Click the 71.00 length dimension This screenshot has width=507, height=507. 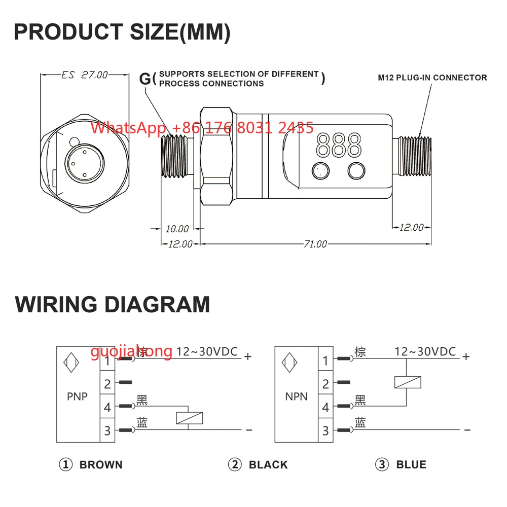point(315,244)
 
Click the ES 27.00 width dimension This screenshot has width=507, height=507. point(85,75)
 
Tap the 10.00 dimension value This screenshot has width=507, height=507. point(177,229)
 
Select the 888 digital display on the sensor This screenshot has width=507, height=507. point(339,144)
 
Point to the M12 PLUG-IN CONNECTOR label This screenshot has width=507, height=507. point(432,78)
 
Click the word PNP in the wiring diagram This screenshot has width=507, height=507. point(78,396)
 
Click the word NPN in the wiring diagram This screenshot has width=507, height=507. point(296,396)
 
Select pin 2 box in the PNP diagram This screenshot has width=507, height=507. point(107,384)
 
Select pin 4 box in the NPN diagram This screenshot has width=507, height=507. point(325,407)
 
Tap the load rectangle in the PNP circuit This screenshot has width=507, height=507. point(190,418)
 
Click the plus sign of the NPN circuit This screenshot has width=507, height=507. point(466,356)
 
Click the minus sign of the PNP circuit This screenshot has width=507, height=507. point(249,430)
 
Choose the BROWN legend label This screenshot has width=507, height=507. point(101,464)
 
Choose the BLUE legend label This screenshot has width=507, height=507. point(411,464)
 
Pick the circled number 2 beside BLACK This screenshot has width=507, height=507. point(234,464)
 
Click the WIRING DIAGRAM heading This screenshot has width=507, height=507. point(112,305)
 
